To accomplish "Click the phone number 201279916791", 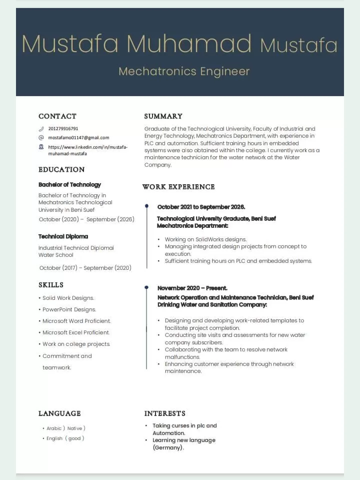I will pos(63,129).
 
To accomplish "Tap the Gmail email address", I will pos(78,138).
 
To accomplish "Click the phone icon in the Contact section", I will pos(41,129).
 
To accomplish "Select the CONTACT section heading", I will pos(57,116).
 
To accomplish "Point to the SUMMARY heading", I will pos(163,116).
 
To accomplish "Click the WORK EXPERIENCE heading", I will pos(178,187).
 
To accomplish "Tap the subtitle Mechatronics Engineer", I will pos(184,71).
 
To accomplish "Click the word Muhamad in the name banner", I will pos(189,44).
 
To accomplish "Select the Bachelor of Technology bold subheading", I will pos(69,185).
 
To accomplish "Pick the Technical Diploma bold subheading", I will pos(63,236).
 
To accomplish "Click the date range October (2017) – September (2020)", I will pos(85,268).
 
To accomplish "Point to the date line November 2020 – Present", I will pos(192,288).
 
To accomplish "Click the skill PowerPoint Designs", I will pos(69,309).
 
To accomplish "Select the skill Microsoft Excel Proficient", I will pos(75,332).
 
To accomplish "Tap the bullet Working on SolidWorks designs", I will pos(205,239).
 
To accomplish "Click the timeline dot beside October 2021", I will pos(146,206).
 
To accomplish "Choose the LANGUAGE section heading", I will pos(59,413).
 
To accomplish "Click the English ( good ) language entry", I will pos(65,438).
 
